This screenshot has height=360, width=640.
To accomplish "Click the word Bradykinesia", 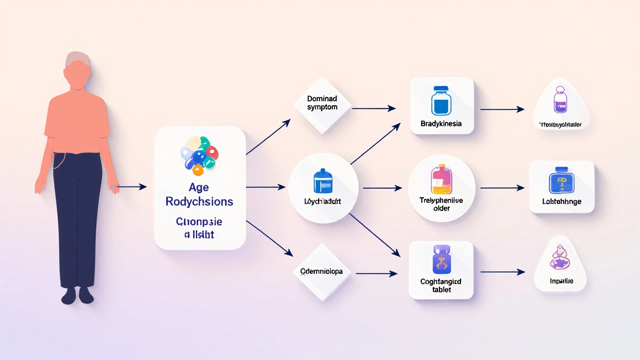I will coord(441,123).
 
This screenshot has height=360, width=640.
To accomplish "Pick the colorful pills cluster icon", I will coord(199,154).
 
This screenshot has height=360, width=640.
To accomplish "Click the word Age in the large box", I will coord(199,188).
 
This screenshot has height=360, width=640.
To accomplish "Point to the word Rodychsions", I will coord(199,201).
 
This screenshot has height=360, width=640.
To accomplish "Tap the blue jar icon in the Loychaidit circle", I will coord(323,180).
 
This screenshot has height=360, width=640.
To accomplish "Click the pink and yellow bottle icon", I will coord(441,179).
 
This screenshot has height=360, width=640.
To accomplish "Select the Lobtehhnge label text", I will coord(561,202).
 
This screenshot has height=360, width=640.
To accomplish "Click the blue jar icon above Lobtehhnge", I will coord(561,182).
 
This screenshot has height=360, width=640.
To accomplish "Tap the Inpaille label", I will coord(560,281).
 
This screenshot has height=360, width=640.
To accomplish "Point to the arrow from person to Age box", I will coord(132,187).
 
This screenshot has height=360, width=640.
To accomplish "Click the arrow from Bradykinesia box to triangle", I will coord(501,109).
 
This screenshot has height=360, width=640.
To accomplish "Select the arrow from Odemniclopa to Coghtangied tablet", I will coord(374,273).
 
